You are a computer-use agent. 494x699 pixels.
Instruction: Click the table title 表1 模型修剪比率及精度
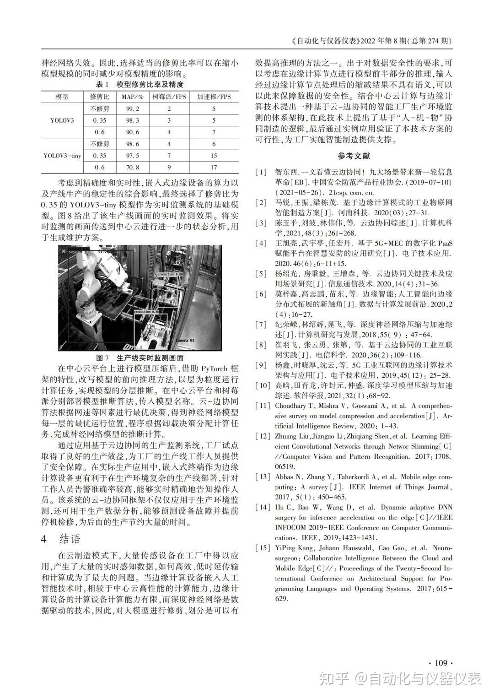pos(140,85)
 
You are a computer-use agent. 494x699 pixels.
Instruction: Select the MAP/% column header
pos(133,97)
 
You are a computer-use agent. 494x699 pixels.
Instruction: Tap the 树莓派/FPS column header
pos(169,97)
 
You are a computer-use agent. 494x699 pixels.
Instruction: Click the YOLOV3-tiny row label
pos(62,156)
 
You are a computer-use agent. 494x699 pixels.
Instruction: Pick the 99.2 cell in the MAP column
pos(133,108)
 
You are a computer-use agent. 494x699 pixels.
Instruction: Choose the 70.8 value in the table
pos(133,168)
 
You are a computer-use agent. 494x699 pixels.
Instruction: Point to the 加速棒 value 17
pos(214,168)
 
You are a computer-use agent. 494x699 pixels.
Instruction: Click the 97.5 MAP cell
pos(133,156)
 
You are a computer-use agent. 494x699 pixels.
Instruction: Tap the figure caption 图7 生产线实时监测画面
pos(140,358)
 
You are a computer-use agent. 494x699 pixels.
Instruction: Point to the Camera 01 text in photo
pos(185,341)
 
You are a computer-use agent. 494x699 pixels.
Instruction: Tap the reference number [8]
pos(261,345)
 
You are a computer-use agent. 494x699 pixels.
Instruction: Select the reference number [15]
pos(263,548)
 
